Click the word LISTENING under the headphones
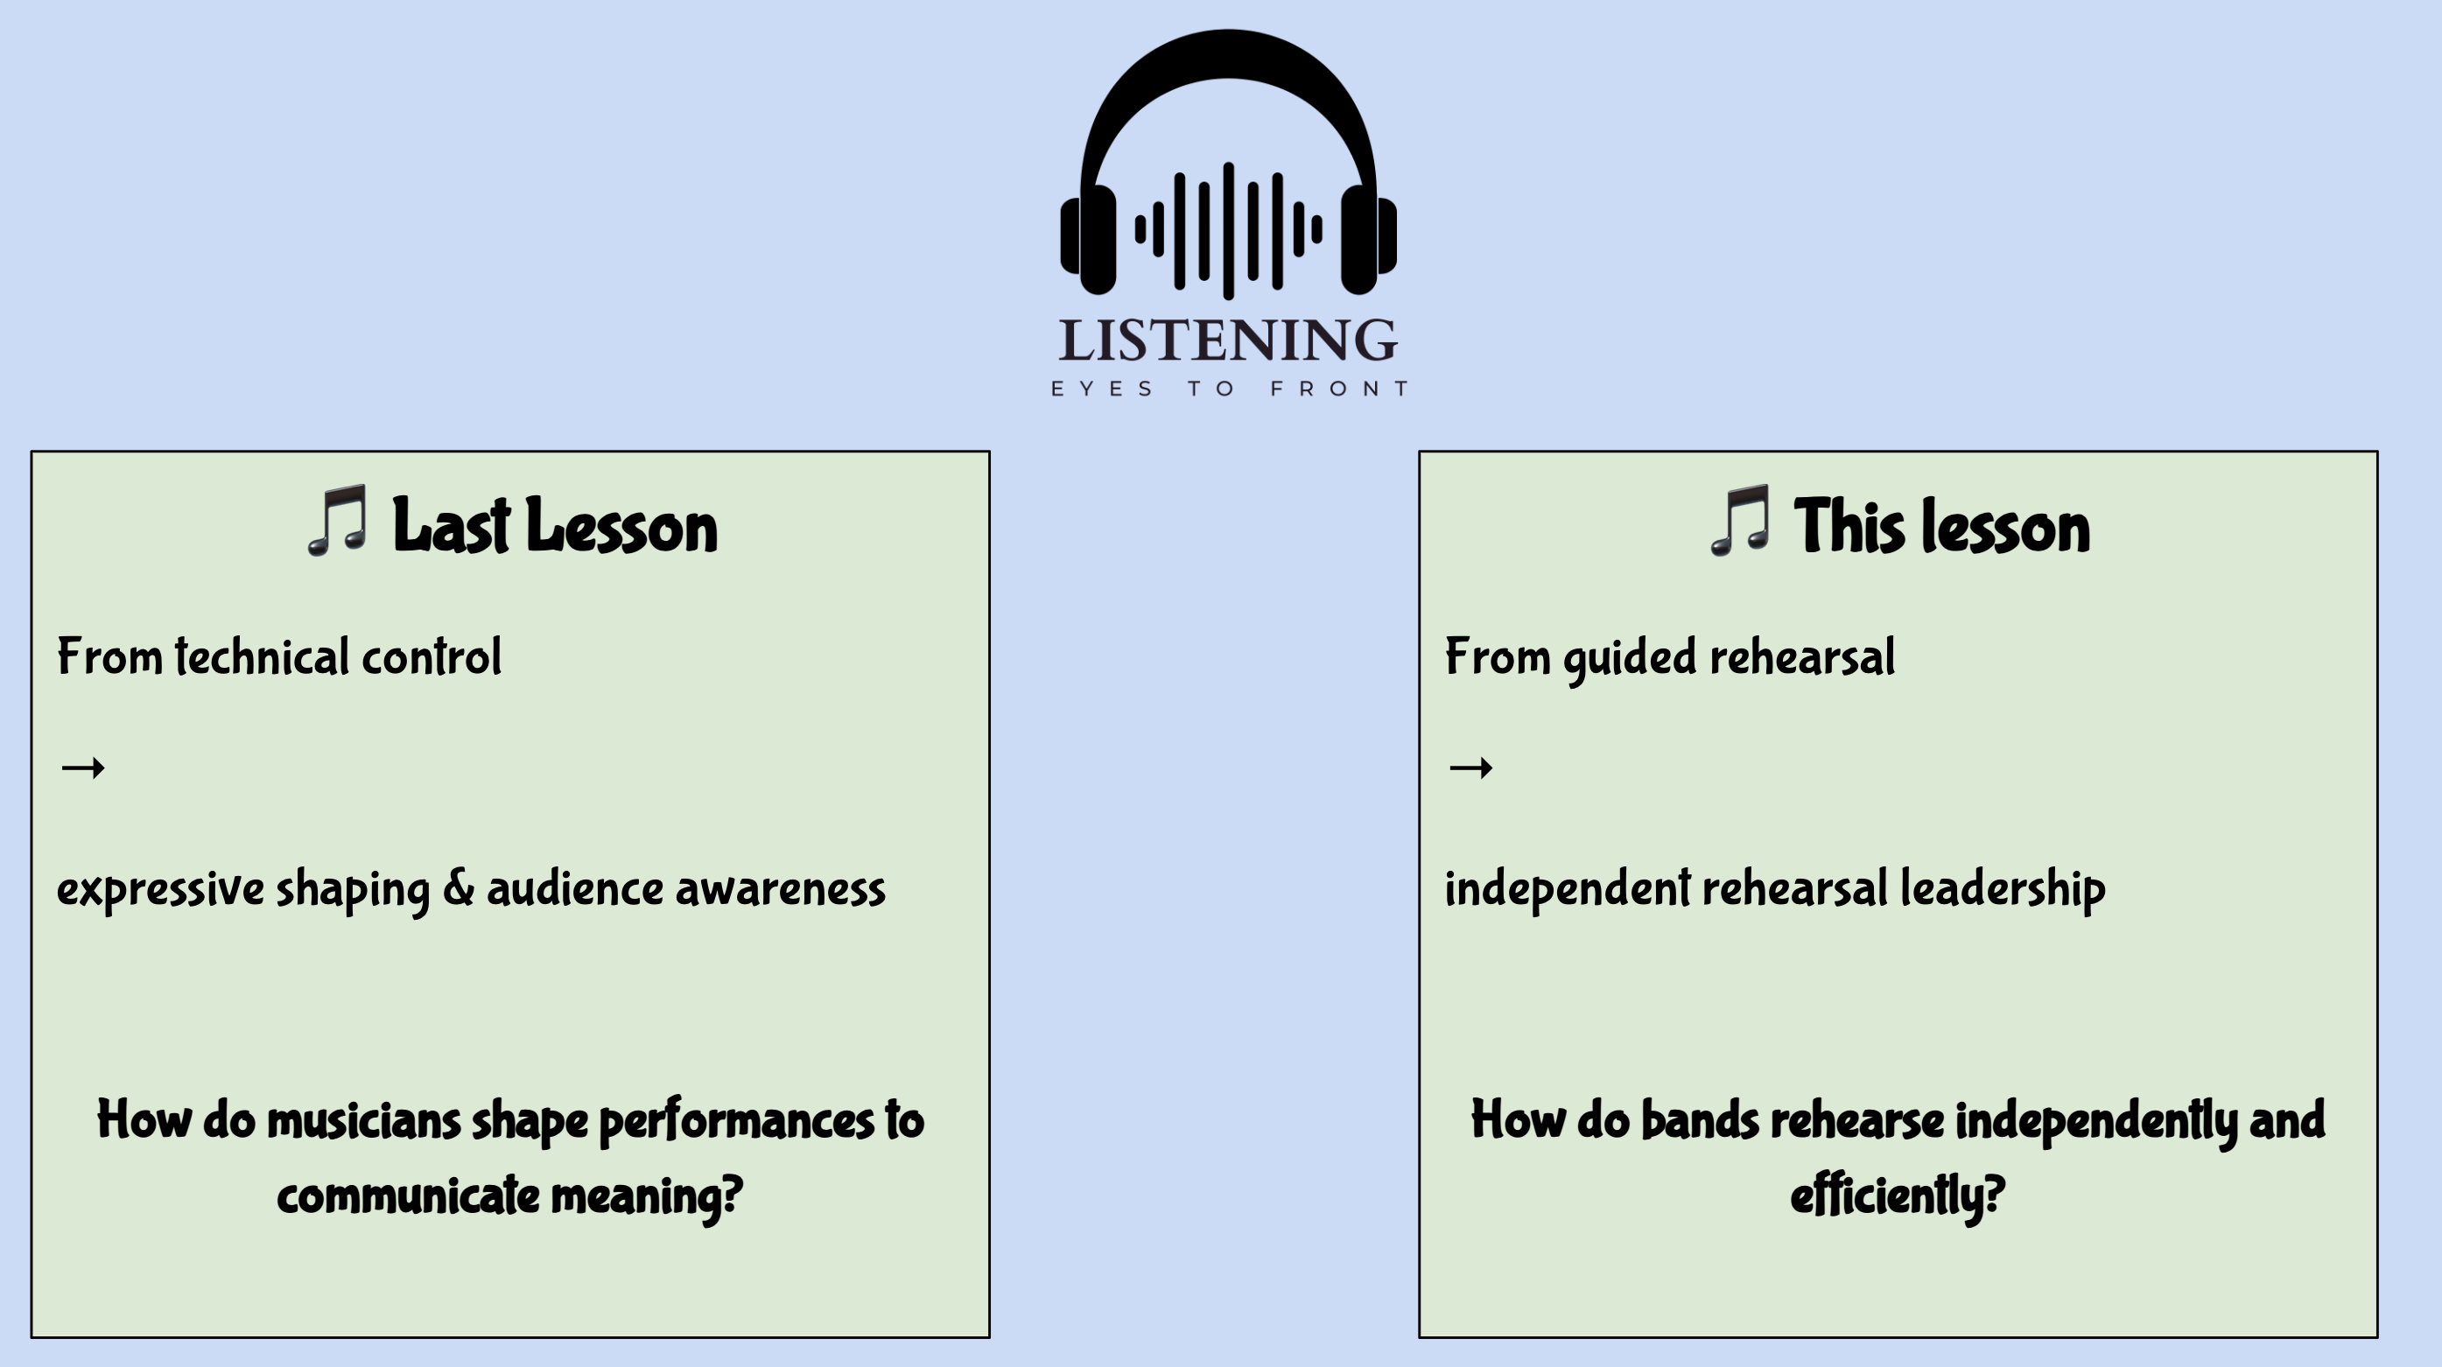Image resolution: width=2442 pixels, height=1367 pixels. [1228, 340]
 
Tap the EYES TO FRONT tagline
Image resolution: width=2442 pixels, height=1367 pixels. [1230, 389]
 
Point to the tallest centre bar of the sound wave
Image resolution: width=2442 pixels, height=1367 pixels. [1229, 230]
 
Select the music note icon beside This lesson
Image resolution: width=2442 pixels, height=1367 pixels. [1739, 521]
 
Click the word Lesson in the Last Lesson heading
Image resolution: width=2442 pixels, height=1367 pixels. [621, 526]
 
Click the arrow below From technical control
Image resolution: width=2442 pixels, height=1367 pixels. [82, 767]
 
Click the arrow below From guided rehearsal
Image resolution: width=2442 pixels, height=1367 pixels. [1470, 767]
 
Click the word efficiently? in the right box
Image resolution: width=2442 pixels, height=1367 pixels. [1897, 1195]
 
